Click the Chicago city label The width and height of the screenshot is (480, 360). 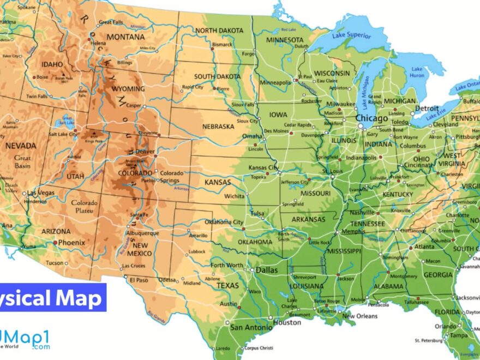372,118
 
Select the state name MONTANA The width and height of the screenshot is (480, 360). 126,37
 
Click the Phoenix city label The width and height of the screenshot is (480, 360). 71,242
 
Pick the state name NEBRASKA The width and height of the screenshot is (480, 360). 218,126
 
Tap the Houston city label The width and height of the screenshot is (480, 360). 287,322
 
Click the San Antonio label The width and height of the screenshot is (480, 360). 251,327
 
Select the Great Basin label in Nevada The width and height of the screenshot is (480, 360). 22,161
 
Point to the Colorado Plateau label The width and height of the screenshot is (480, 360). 84,207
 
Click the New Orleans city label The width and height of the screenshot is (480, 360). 360,316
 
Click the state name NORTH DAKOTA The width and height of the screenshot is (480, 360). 220,30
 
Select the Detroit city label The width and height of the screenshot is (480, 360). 428,109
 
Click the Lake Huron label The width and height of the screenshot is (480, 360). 417,72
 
